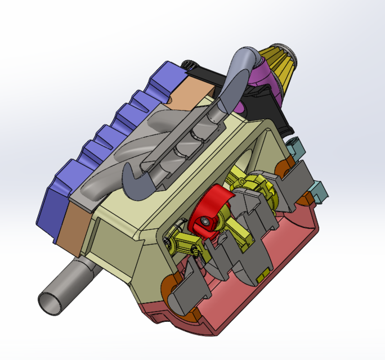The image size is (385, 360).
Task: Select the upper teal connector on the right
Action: click(295, 148)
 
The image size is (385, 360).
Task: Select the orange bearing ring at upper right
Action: click(286, 166)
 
